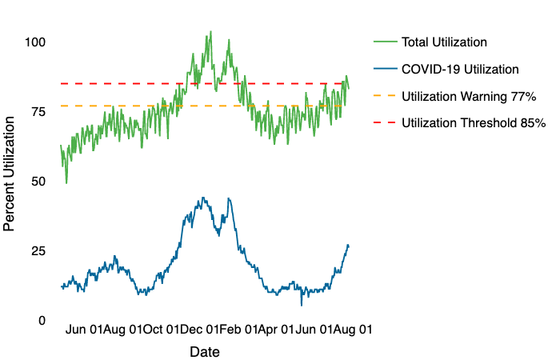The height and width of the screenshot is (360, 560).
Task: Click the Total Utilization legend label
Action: [x=444, y=42]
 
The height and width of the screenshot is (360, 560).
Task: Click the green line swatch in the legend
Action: [x=384, y=42]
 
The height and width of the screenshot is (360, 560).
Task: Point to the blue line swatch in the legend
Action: [x=384, y=70]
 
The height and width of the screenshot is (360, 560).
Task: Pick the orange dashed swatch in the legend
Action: [x=384, y=96]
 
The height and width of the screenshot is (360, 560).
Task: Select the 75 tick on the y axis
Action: [x=38, y=111]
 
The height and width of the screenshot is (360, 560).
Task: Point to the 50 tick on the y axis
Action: [x=38, y=181]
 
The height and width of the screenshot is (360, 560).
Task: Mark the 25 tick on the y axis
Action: [x=38, y=250]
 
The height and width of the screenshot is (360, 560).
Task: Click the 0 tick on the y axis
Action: [x=41, y=320]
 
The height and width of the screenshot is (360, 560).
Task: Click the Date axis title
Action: [x=204, y=351]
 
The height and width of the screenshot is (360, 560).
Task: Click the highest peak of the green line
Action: [x=210, y=32]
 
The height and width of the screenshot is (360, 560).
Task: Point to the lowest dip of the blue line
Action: [x=302, y=305]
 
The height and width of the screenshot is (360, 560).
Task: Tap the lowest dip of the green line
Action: [x=66, y=183]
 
